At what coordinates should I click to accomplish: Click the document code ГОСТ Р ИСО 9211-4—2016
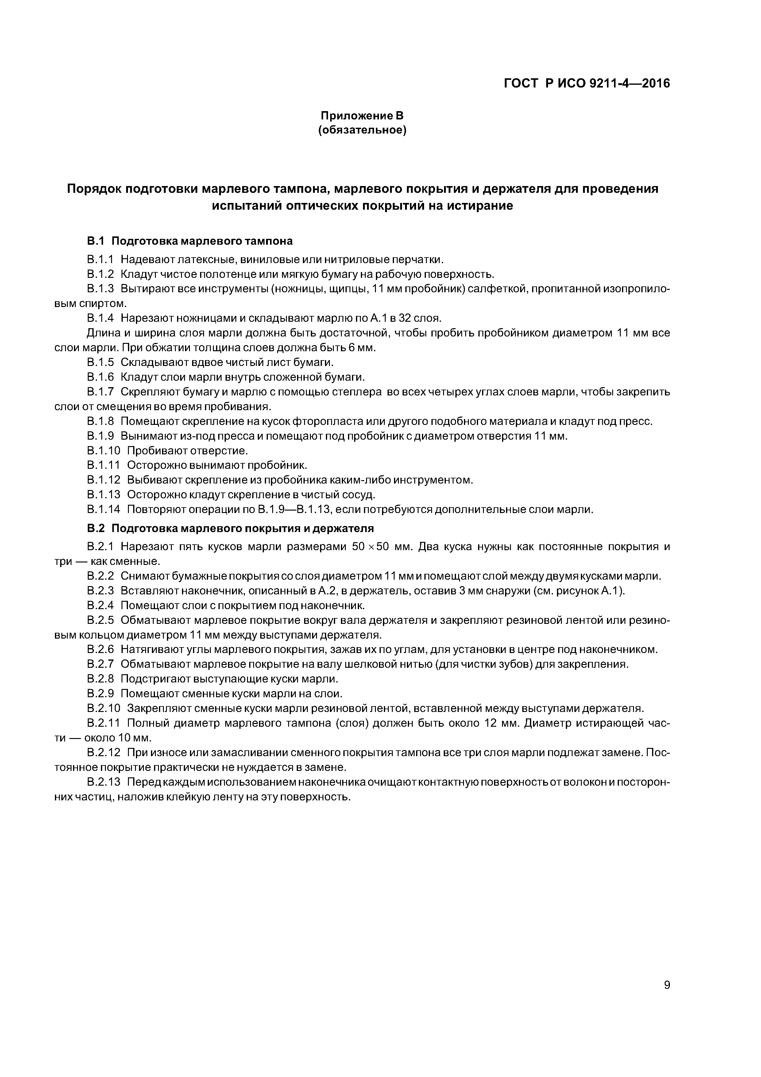587,84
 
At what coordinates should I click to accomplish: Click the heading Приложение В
362,115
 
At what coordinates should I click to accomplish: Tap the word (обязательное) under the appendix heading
362,130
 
